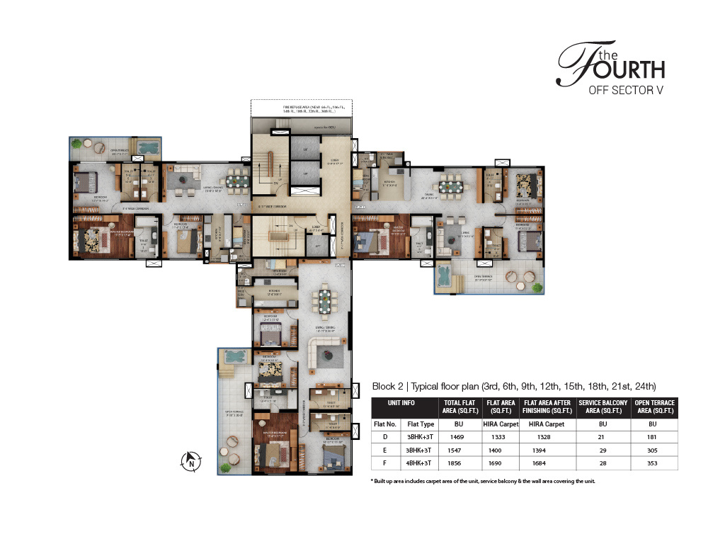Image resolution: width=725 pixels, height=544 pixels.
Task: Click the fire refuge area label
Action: [295, 110]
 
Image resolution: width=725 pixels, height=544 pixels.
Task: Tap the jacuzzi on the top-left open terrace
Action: [148, 147]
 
